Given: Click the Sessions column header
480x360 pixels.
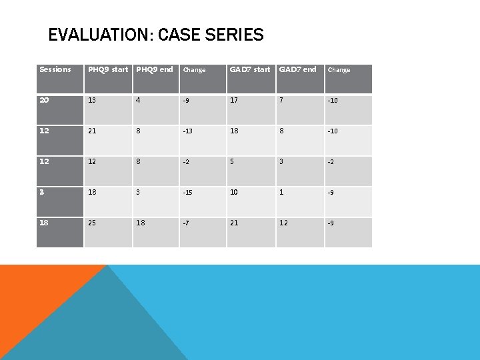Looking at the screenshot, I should pyautogui.click(x=55, y=69).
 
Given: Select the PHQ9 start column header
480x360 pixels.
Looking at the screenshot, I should pyautogui.click(x=108, y=69).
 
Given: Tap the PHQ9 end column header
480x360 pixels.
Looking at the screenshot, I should pyautogui.click(x=154, y=69).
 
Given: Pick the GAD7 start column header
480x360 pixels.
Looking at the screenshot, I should pyautogui.click(x=250, y=69).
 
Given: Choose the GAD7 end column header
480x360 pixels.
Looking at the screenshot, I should pyautogui.click(x=297, y=69).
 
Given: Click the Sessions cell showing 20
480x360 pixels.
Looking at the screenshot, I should pyautogui.click(x=44, y=100).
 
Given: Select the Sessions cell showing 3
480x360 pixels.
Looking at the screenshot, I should pyautogui.click(x=42, y=192).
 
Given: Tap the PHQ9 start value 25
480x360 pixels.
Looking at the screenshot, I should pyautogui.click(x=92, y=223).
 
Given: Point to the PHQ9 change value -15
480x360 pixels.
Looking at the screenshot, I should pyautogui.click(x=189, y=193).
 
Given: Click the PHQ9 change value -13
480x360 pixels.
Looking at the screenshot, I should pyautogui.click(x=189, y=131).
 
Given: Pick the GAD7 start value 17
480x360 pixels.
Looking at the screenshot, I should pyautogui.click(x=234, y=100).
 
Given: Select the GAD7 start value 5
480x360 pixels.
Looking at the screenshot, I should pyautogui.click(x=232, y=161).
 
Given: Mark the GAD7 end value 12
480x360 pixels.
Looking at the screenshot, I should pyautogui.click(x=283, y=223).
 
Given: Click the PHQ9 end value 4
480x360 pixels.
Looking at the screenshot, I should pyautogui.click(x=138, y=100).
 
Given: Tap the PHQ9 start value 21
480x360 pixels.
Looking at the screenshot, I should pyautogui.click(x=92, y=131).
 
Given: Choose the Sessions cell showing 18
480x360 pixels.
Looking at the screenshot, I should pyautogui.click(x=44, y=223).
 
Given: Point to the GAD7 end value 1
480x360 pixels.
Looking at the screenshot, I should pyautogui.click(x=281, y=192).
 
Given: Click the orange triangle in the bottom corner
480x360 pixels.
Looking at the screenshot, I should pyautogui.click(x=33, y=300).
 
